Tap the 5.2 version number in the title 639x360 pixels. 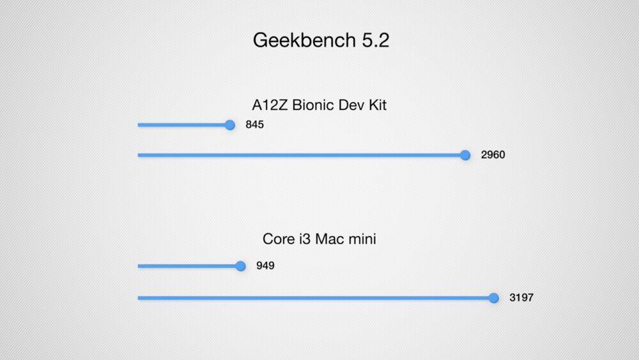[376, 40]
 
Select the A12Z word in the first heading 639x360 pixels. [270, 105]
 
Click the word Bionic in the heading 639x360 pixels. [313, 105]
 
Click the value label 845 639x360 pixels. [255, 124]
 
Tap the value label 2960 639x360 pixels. [493, 155]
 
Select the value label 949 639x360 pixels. [265, 265]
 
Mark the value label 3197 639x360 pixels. [521, 297]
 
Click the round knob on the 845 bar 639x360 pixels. [230, 125]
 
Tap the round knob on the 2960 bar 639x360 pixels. [465, 155]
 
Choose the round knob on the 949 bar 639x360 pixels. [240, 266]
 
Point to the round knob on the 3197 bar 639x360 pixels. [493, 297]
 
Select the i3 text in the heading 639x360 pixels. [305, 239]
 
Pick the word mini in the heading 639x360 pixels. [362, 239]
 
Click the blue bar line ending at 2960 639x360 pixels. [301, 155]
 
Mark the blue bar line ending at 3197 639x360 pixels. [316, 297]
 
